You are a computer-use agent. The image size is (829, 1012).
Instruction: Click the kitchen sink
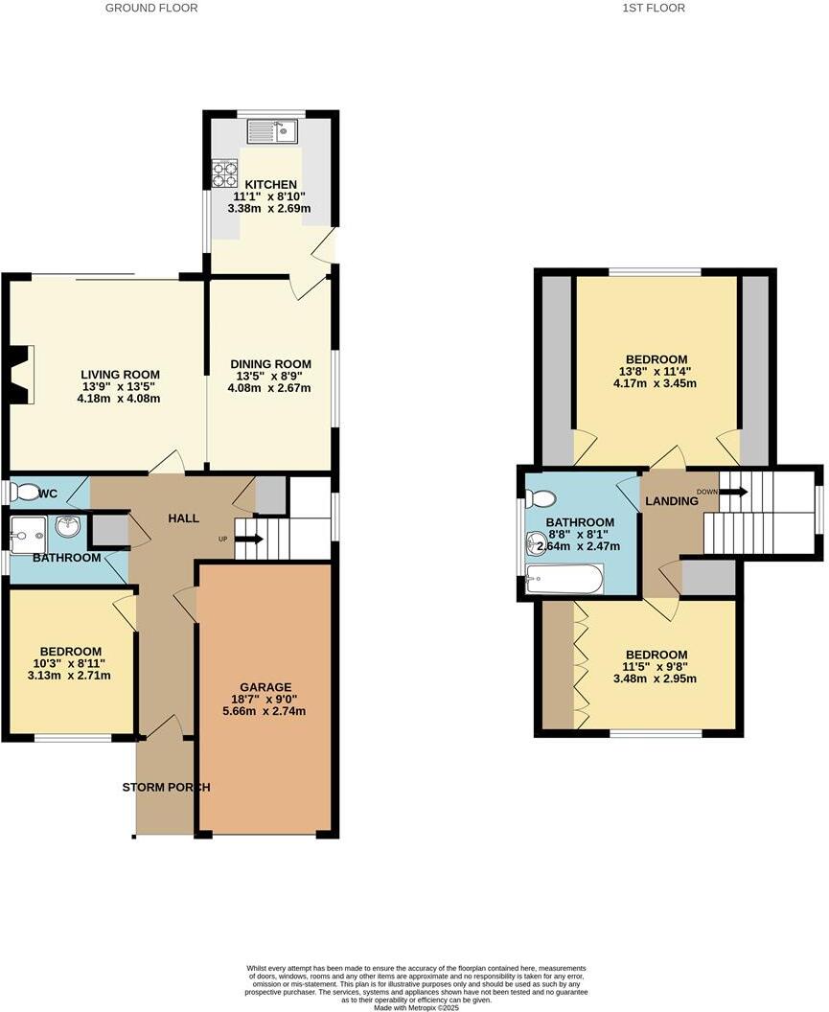273,131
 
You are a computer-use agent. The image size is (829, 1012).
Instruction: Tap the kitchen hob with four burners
224,172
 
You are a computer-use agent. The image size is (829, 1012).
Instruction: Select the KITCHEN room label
270,185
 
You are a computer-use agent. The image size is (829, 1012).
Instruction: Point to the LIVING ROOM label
120,375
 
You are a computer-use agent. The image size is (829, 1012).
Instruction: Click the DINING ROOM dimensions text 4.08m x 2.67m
270,387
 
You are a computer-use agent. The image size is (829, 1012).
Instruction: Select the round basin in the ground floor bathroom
67,527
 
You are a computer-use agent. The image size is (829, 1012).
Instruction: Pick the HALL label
183,518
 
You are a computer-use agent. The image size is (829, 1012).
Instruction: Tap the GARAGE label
265,687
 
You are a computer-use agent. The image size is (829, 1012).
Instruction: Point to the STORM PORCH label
166,788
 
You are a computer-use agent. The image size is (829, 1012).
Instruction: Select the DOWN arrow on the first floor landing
733,493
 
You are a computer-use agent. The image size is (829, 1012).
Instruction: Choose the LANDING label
671,501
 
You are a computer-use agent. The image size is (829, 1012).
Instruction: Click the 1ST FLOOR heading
654,8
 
